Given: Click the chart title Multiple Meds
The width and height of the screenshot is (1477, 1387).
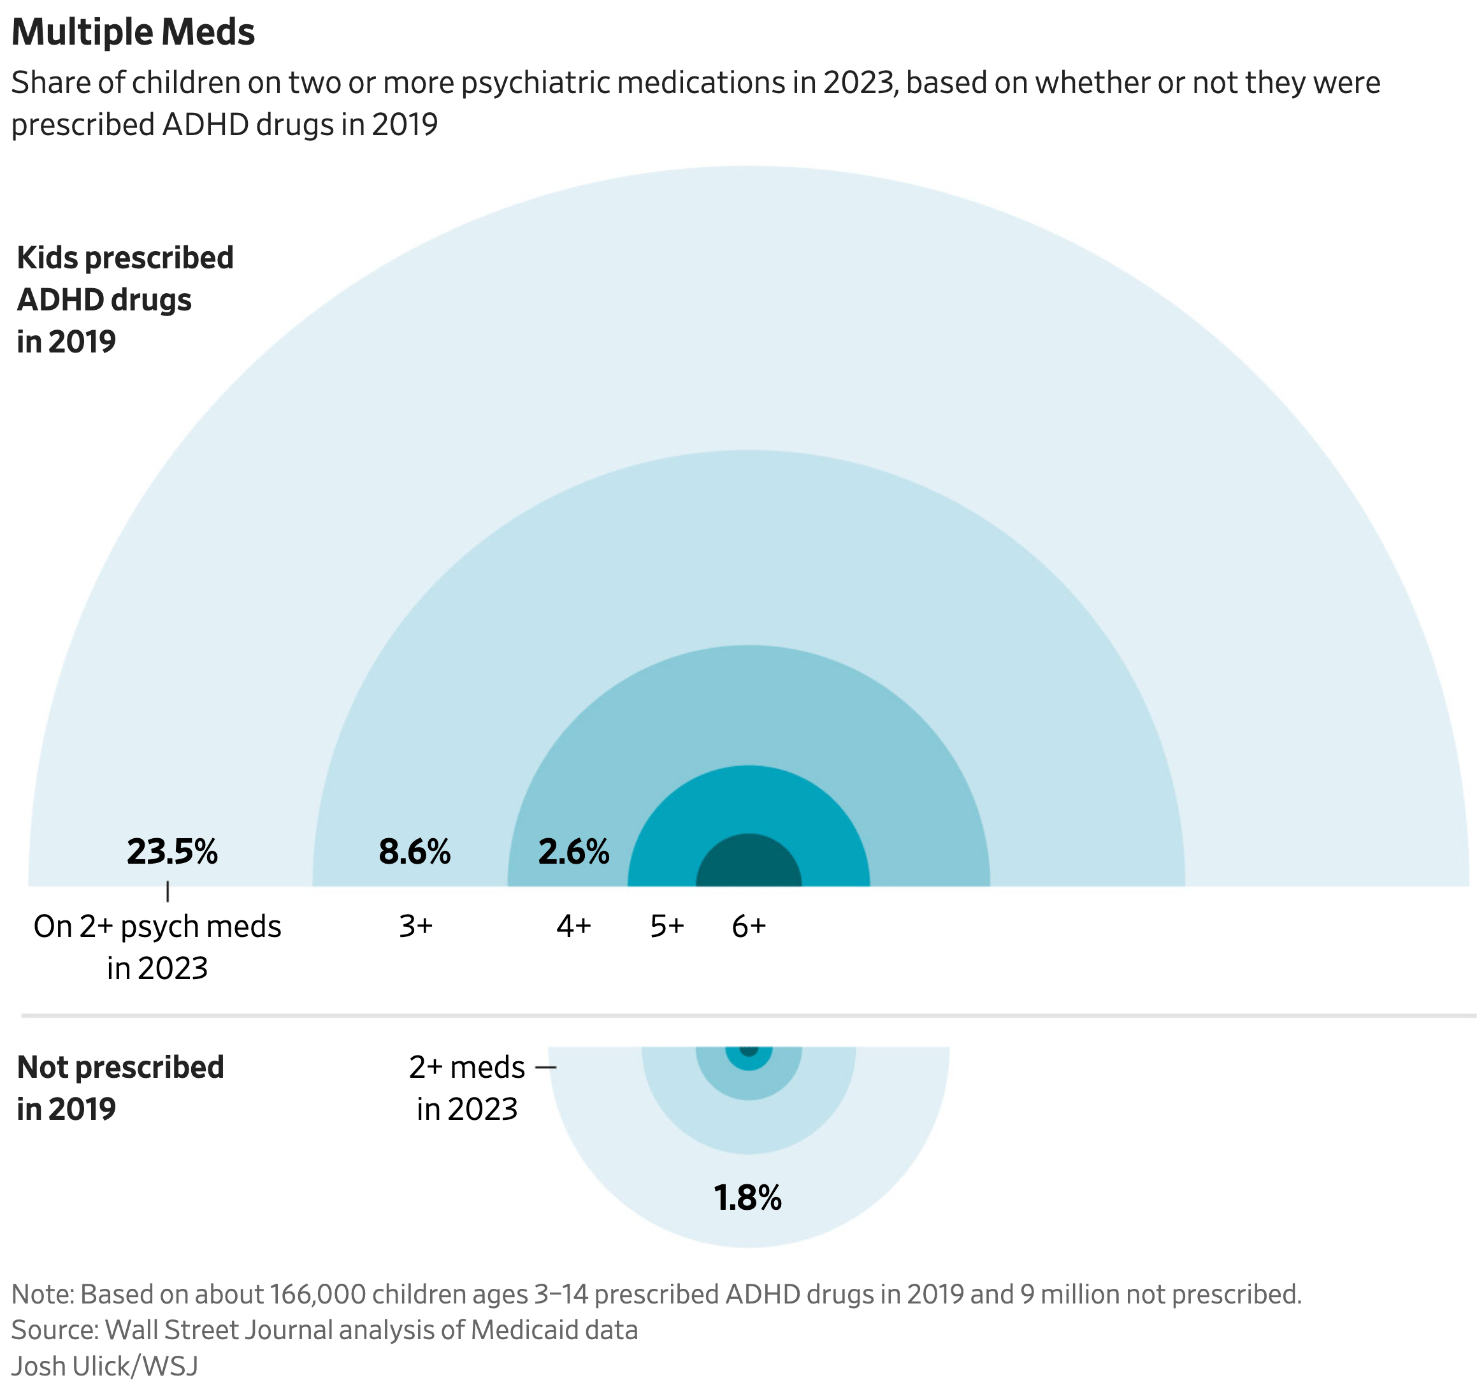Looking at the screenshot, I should (133, 33).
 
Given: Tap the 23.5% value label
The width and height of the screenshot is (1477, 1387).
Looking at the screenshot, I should (173, 852).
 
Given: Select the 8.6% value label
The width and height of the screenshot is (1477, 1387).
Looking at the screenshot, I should (415, 852).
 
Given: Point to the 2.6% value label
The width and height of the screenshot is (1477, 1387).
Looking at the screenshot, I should (573, 852).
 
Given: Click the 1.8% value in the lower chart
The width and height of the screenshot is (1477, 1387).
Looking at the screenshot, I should (747, 1198).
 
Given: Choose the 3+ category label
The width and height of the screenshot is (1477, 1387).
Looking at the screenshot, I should (416, 926).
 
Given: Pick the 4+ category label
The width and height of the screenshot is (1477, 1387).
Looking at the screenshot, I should (573, 926).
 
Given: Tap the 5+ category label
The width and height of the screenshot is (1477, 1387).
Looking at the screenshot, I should (667, 926).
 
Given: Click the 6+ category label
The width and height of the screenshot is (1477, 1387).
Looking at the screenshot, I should (749, 926).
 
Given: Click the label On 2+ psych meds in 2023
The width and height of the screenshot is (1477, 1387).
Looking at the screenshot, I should (157, 947).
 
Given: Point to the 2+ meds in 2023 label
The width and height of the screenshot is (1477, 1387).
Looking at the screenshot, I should (467, 1087).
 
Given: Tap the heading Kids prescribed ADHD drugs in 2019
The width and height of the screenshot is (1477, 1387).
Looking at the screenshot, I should (125, 300).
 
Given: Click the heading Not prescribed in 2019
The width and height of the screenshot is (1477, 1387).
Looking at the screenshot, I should (120, 1087).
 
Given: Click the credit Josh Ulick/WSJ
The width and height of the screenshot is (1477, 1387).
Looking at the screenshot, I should (104, 1366).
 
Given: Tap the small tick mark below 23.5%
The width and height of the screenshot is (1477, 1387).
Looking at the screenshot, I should (168, 891).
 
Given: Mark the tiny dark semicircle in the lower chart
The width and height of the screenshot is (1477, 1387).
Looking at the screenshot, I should (749, 1050).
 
